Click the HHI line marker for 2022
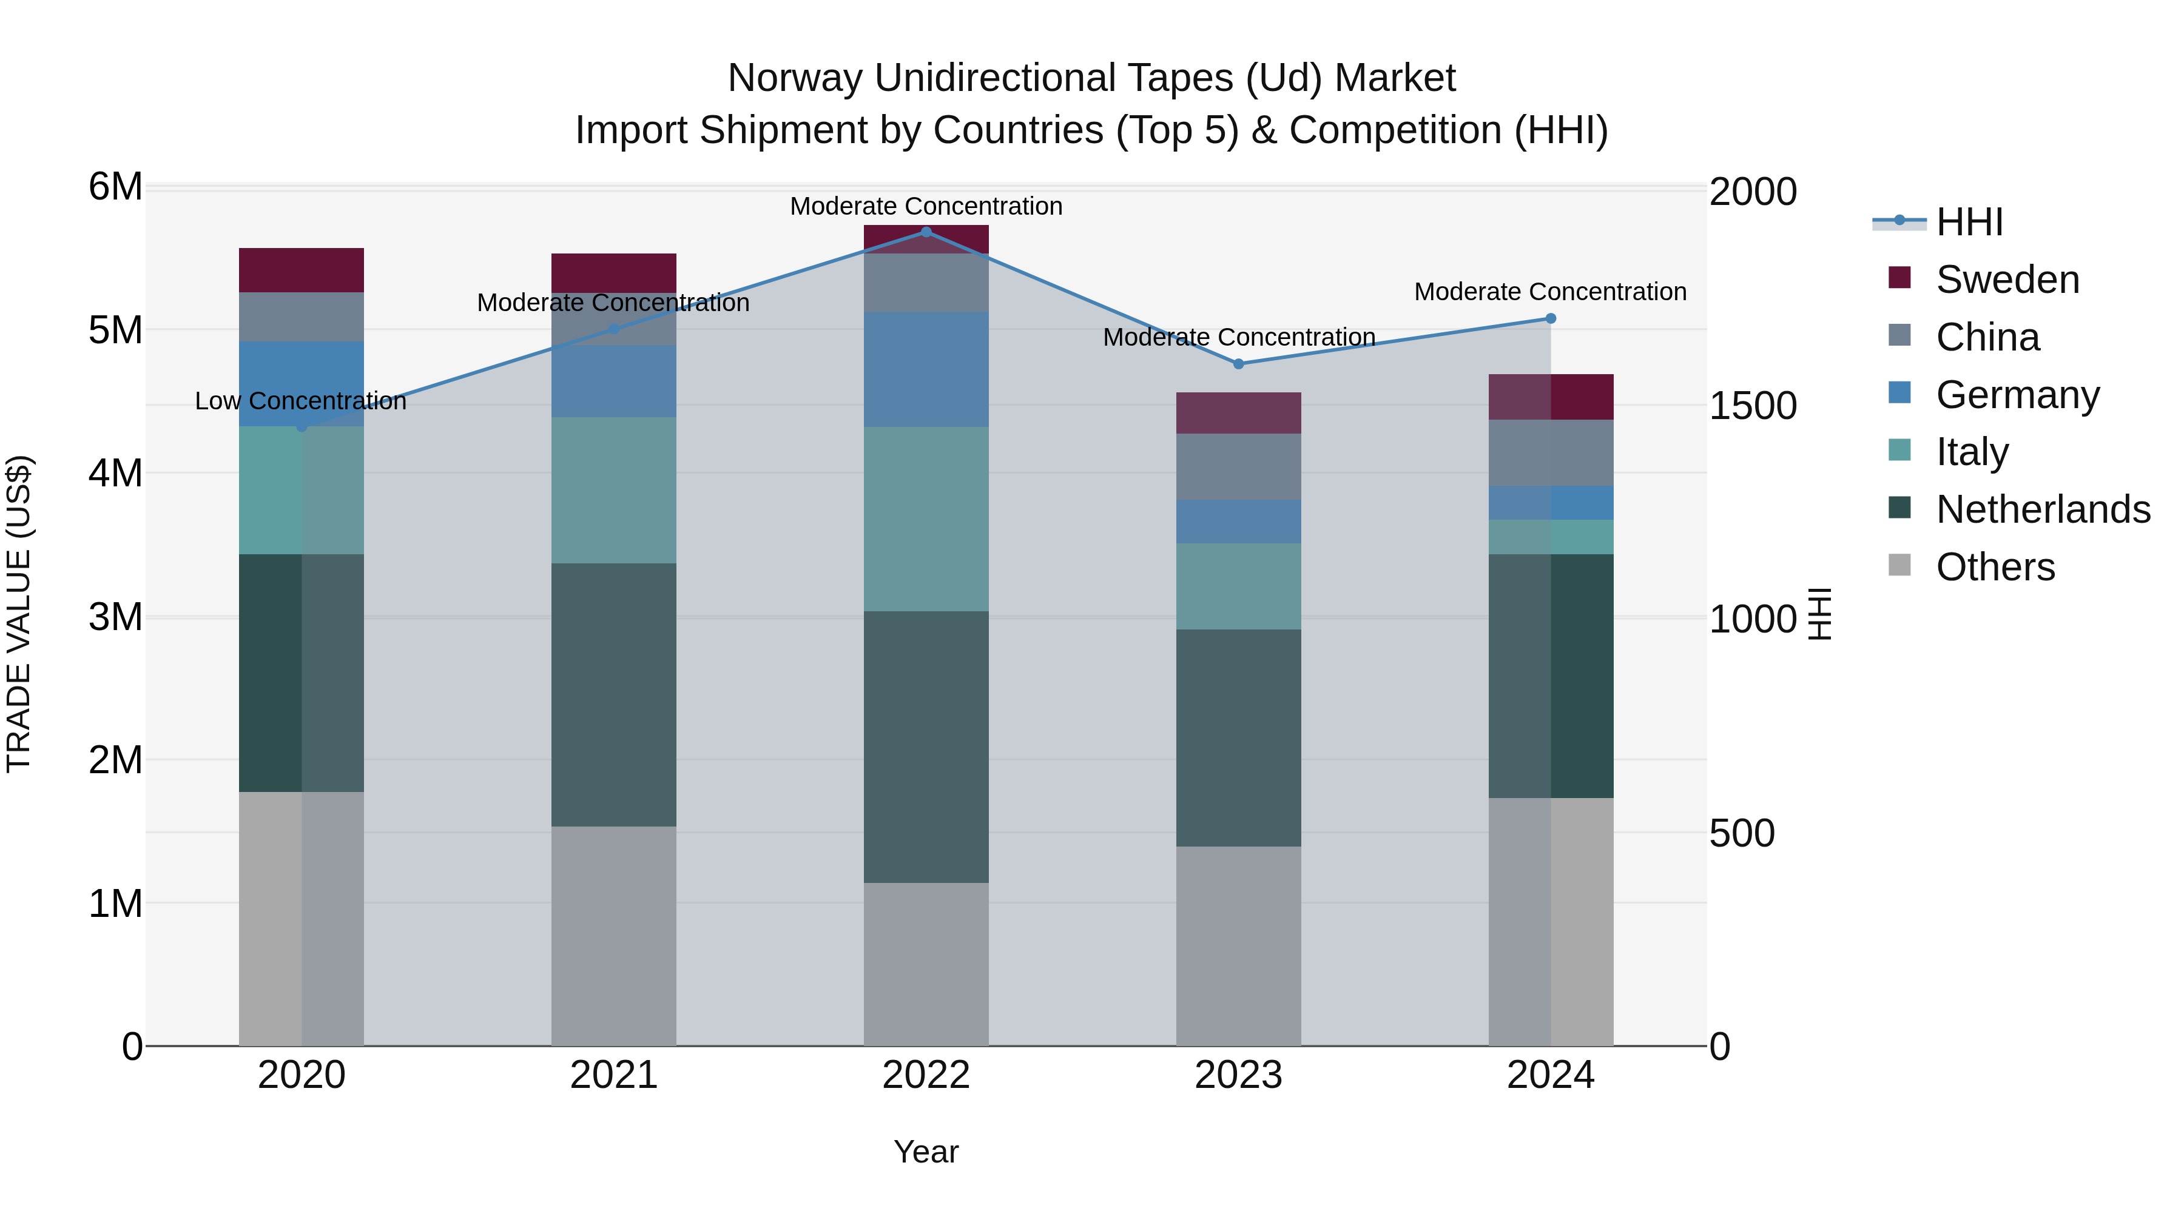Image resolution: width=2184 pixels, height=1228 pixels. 926,232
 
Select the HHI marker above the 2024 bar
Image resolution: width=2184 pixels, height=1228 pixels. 1551,318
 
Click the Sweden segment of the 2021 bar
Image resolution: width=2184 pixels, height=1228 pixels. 614,273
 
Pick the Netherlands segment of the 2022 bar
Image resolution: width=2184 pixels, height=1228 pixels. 926,747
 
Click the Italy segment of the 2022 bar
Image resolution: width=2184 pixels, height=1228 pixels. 926,518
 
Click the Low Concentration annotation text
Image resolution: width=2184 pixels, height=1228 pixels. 301,401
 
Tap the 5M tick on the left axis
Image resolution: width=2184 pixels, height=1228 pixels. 115,330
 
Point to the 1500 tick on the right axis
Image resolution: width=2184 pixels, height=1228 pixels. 1751,405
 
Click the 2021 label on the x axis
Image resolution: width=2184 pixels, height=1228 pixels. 614,1075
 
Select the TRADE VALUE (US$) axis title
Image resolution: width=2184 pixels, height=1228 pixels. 19,614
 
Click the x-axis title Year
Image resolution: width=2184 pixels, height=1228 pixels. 926,1152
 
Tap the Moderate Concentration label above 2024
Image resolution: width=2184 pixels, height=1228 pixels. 1550,292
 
